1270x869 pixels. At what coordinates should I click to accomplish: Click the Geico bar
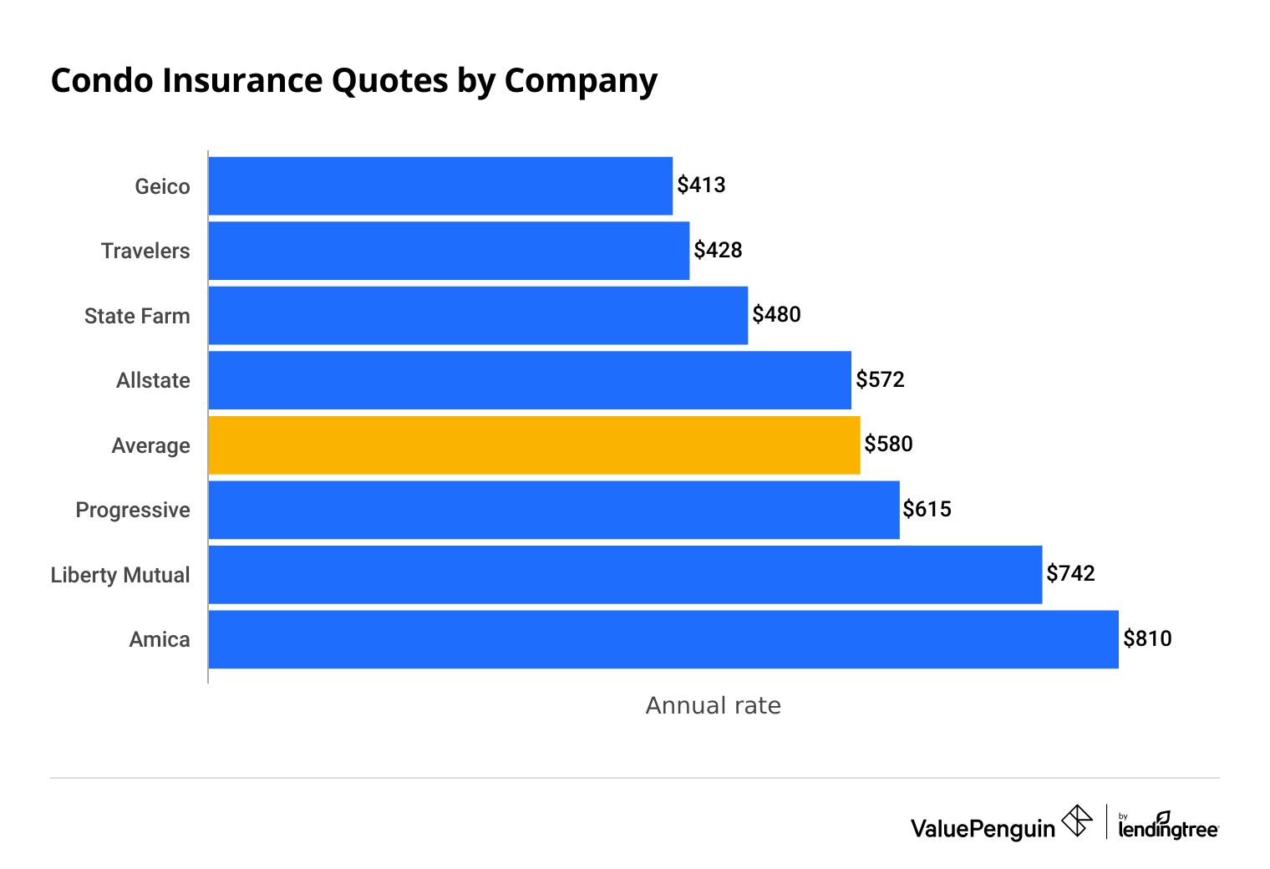point(440,185)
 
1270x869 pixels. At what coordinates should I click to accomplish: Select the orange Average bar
point(534,445)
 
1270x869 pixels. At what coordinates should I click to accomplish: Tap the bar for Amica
point(663,639)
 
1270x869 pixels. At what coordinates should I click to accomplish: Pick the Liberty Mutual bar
point(625,575)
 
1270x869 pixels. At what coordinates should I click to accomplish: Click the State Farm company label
point(137,316)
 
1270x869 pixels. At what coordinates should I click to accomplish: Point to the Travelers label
point(145,251)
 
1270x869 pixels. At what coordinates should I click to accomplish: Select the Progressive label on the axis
point(133,510)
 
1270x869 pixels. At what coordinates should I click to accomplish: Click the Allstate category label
point(153,380)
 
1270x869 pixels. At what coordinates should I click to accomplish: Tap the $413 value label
point(701,185)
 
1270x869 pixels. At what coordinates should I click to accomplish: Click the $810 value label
point(1147,638)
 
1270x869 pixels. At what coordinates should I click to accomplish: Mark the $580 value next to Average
point(888,444)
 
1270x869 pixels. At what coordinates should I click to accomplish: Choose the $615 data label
point(927,509)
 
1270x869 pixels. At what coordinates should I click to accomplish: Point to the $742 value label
point(1070,573)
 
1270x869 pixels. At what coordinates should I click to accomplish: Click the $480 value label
point(776,314)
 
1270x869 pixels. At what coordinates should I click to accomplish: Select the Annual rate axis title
point(713,705)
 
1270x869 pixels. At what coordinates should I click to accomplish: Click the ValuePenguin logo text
point(983,828)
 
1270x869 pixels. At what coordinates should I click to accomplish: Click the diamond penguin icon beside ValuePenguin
point(1077,821)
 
